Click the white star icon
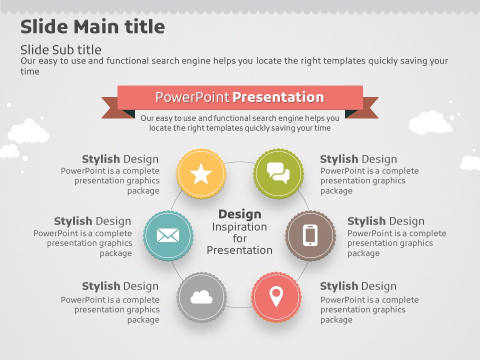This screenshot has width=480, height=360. click(201, 173)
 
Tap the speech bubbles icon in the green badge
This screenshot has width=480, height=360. click(278, 173)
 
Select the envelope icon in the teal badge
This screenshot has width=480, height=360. click(168, 235)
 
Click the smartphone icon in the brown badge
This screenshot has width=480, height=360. click(310, 235)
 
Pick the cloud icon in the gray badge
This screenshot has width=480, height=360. click(201, 297)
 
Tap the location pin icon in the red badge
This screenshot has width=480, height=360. click(276, 296)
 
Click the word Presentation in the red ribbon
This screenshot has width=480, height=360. click(278, 97)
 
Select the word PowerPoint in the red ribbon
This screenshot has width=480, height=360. click(192, 97)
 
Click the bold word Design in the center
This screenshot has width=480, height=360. click(239, 214)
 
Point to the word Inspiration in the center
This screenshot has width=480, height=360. click(239, 227)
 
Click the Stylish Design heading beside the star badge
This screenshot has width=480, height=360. click(120, 159)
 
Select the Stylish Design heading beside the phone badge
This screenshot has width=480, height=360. click(386, 221)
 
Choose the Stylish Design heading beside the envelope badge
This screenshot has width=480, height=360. click(92, 221)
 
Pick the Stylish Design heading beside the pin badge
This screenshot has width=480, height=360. click(358, 286)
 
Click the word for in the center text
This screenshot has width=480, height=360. click(239, 238)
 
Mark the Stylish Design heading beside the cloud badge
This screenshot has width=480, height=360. click(120, 286)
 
